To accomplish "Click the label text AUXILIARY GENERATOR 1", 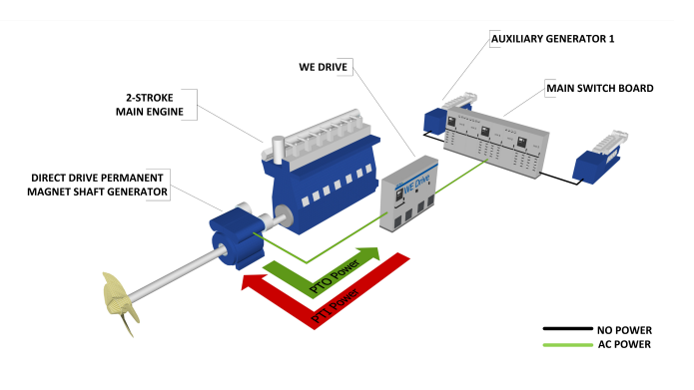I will [x=551, y=39].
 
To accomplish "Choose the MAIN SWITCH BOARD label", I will [x=599, y=88].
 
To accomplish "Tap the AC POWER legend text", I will [x=625, y=344].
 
